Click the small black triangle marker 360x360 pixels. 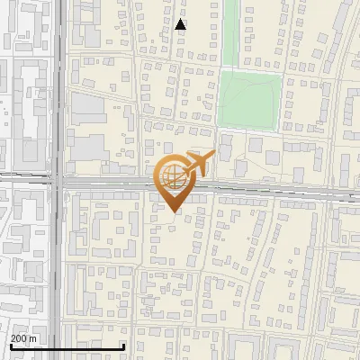tap(181, 24)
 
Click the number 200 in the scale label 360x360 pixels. tap(20, 338)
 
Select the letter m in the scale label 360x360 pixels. tap(34, 338)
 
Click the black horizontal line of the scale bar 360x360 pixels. tap(67, 346)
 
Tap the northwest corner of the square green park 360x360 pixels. tap(220, 71)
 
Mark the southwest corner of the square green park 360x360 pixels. tap(220, 129)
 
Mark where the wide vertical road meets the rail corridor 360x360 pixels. tap(58, 182)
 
